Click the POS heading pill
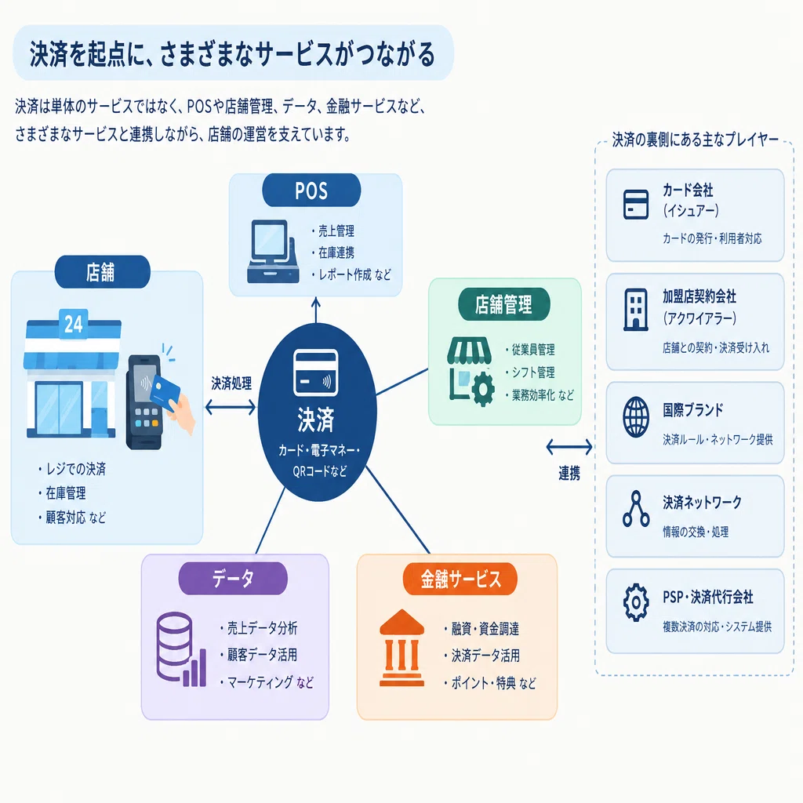coord(311,191)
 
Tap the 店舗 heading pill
coord(103,272)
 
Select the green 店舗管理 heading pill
coord(504,305)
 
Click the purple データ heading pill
coord(233,578)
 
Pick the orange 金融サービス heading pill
coord(460,579)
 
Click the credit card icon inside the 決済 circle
coord(315,372)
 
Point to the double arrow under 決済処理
coord(231,407)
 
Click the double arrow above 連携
coord(569,447)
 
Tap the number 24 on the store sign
coord(73,324)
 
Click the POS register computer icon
coord(273,252)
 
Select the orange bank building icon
coord(401,648)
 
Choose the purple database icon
coord(181,649)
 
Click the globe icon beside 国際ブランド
coord(635,417)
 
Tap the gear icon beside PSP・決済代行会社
coord(636,602)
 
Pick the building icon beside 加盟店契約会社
coord(635,309)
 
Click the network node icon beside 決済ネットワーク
coord(635,509)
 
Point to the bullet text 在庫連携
coord(336,253)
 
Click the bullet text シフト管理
coord(533,372)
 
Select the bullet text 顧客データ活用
coord(262,655)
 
